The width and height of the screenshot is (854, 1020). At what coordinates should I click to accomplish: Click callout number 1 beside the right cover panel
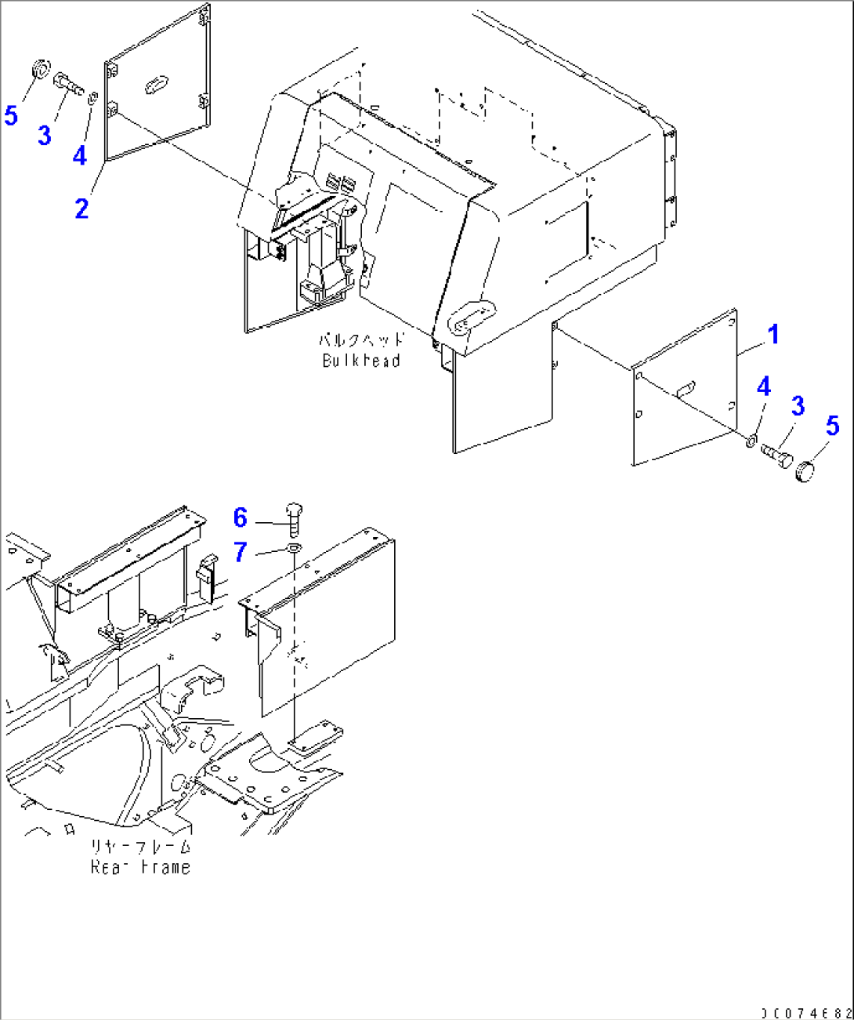pos(773,334)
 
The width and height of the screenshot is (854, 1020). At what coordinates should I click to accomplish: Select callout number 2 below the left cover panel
pos(81,209)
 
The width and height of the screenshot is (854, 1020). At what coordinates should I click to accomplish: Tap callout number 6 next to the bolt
pos(241,517)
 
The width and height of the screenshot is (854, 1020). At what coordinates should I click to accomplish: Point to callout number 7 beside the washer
pos(241,552)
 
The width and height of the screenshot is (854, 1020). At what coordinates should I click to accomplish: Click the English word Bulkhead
pos(361,361)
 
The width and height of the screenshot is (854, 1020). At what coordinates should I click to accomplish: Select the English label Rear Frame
pos(140,867)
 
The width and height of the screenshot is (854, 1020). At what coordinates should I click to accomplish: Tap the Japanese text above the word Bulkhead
pos(361,340)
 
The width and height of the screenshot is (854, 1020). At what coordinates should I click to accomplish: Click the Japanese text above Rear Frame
pos(140,847)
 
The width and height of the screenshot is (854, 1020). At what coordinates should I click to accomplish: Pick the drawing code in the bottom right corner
pos(806,1012)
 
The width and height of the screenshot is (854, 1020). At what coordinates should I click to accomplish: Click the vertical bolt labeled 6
pos(295,518)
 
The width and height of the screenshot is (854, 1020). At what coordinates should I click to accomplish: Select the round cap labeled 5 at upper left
pos(40,69)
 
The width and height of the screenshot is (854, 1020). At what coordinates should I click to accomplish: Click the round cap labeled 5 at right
pos(805,471)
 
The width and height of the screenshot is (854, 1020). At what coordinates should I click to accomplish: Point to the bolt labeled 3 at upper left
pos(68,82)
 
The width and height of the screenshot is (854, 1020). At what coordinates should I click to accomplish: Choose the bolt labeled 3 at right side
pos(776,454)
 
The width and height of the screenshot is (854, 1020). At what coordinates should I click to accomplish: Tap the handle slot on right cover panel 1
pos(686,387)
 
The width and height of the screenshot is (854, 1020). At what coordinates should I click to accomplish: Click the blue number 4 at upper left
pos(79,155)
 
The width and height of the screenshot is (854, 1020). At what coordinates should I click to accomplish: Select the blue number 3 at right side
pos(798,406)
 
